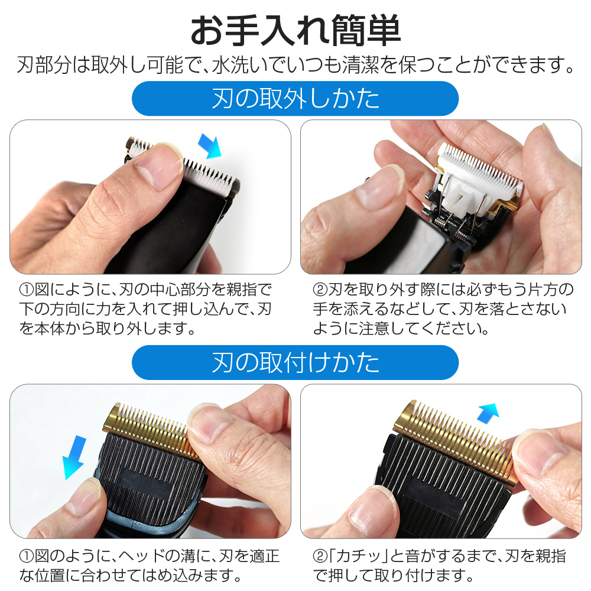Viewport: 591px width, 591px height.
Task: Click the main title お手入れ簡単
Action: pos(295,30)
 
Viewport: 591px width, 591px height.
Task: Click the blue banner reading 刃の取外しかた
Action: pos(295,98)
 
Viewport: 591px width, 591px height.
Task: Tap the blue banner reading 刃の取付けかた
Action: pos(295,363)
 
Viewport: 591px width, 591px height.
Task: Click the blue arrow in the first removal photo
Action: pos(210,146)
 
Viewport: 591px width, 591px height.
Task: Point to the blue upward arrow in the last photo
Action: pos(488,413)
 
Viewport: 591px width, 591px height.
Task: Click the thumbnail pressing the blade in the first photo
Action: pos(158,166)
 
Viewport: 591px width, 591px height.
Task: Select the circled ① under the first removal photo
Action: pos(27,290)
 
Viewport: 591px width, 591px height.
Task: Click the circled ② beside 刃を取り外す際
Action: pos(320,290)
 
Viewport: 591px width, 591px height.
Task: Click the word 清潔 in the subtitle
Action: pos(360,65)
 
